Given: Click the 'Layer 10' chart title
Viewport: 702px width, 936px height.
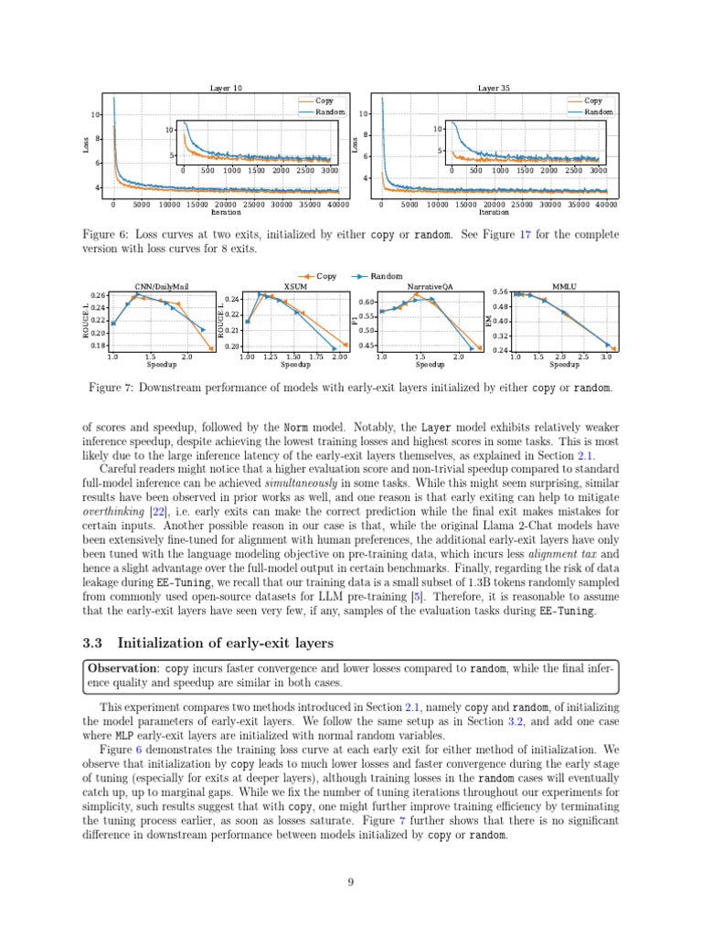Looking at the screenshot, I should coord(226,88).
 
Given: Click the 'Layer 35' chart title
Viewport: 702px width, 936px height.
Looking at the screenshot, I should coord(495,88).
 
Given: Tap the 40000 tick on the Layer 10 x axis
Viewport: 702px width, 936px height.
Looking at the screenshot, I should coord(336,205).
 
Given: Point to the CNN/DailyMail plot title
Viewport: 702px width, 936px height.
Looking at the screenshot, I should coord(160,286).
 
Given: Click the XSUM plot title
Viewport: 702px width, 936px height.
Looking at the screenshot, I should coord(293,286).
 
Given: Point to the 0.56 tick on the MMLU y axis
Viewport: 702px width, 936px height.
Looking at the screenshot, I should coord(501,292).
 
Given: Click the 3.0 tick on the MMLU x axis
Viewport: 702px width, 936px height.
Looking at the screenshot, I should coord(607,357).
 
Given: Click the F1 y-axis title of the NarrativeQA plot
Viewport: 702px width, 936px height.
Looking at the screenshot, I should coord(355,320).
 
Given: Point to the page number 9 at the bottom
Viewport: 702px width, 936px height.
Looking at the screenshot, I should coord(351,881).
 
